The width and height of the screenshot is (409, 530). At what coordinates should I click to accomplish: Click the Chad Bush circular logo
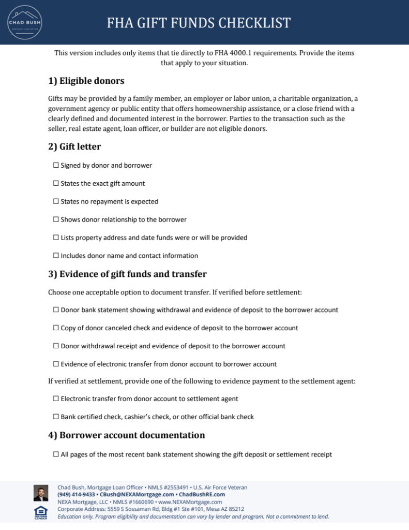[24, 22]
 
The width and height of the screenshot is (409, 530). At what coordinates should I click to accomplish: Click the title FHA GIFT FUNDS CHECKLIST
[199, 23]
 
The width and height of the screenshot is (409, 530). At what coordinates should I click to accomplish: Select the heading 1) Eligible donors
[86, 81]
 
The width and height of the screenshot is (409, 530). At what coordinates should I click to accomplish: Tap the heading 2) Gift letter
[74, 146]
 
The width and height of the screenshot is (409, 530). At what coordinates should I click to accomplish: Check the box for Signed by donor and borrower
[56, 166]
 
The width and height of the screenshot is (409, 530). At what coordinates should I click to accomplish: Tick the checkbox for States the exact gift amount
[56, 184]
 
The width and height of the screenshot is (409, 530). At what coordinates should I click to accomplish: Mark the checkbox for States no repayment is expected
[56, 202]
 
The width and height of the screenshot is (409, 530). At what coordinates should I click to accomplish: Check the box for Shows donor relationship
[56, 220]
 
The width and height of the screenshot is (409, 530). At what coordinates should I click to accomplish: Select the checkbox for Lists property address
[56, 238]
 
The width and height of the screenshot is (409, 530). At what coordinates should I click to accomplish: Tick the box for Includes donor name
[56, 256]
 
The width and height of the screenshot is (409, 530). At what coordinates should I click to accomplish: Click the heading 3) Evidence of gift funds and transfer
[127, 274]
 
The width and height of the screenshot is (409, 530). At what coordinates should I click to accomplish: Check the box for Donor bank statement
[56, 310]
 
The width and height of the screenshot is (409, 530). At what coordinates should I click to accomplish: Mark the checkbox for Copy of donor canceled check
[56, 328]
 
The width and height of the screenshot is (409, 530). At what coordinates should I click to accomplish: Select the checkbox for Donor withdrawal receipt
[56, 346]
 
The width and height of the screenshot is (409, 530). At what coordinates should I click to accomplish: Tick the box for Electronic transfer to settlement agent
[56, 399]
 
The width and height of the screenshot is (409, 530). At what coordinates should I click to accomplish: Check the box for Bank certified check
[56, 417]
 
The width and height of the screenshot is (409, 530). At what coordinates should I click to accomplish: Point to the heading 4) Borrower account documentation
[127, 435]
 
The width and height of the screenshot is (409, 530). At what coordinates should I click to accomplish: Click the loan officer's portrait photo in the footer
[41, 493]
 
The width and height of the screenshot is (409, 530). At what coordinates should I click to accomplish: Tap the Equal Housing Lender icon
[41, 512]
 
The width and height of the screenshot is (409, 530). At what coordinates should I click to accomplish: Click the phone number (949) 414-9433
[76, 495]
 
